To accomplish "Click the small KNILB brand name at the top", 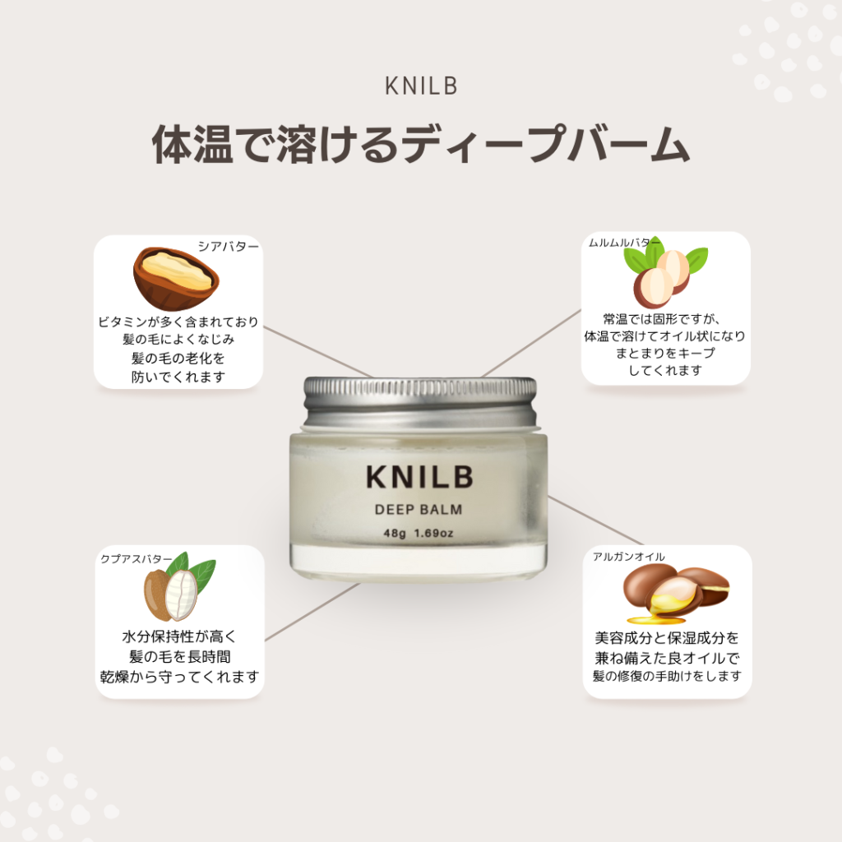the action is pos(421,86).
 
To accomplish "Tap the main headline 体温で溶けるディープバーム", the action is pos(421,144).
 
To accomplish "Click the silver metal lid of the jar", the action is pos(420,403).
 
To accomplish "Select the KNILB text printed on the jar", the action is pos(419,478).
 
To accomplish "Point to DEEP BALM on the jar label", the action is pos(419,510).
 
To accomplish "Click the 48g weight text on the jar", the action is pos(395,533).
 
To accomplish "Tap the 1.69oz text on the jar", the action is pos(433,533).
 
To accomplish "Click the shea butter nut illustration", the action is pos(176,278).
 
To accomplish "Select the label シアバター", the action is pos(229,247).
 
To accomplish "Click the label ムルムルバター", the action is pos(624,243).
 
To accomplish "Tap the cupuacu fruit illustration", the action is pos(179,587).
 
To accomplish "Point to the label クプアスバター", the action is pos(136,559).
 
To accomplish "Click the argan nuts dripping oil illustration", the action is pos(677,594).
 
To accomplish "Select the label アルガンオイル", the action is pos(629,557).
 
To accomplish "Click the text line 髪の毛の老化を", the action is pos(178,359).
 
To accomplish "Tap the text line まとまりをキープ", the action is pos(665,354).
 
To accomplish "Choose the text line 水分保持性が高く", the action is pos(179,637).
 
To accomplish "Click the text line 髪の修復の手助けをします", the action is pos(667,676).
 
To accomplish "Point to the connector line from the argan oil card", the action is pos(595,520).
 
